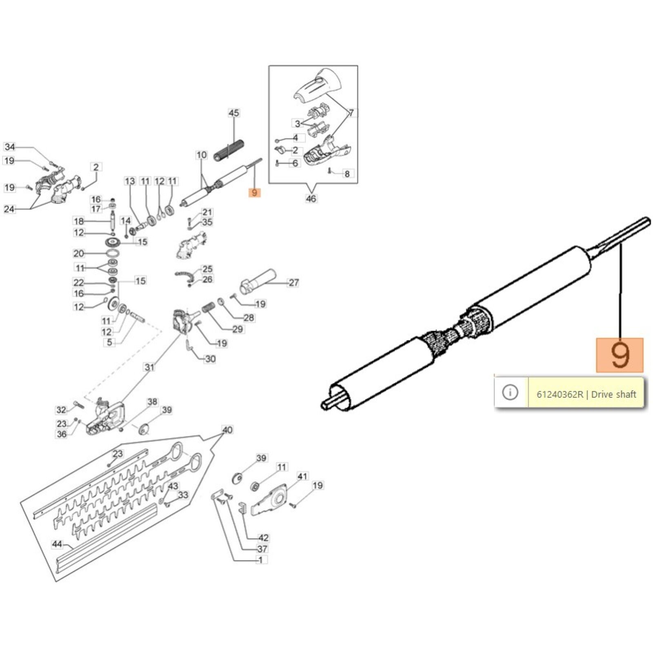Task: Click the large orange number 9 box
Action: coord(619,355)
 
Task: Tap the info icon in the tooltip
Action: coord(510,393)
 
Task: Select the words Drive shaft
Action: coord(613,394)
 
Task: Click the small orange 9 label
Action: coord(254,193)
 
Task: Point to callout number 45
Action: coord(233,113)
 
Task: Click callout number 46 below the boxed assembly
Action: coord(311,199)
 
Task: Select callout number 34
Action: coord(10,147)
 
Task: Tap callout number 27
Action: coord(293,282)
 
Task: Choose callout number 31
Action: coord(150,367)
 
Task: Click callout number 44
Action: coord(57,544)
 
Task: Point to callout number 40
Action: coord(227,430)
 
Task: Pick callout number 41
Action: coord(302,476)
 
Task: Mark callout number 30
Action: coord(210,359)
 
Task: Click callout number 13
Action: coord(130,181)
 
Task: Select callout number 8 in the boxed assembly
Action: coord(347,174)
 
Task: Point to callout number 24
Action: coord(9,209)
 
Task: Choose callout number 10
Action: coord(202,155)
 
